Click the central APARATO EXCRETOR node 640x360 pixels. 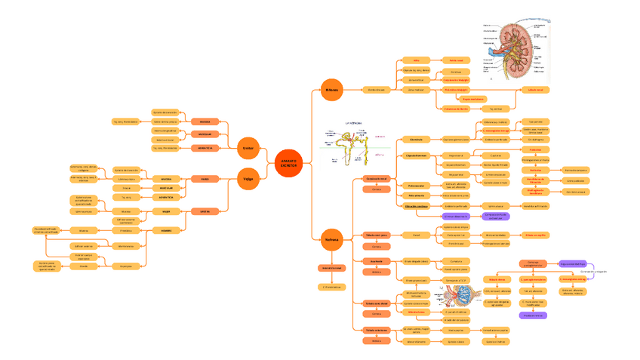[288, 163]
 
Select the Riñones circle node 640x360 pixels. [331, 89]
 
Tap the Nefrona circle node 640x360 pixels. [331, 239]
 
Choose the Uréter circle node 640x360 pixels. [248, 148]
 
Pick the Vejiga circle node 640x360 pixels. [248, 179]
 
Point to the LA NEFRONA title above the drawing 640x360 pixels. [353, 122]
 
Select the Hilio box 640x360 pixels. [416, 60]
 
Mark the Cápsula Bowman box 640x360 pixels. [417, 156]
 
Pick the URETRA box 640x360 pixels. [205, 212]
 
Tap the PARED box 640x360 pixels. [205, 179]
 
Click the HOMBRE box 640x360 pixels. [166, 230]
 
